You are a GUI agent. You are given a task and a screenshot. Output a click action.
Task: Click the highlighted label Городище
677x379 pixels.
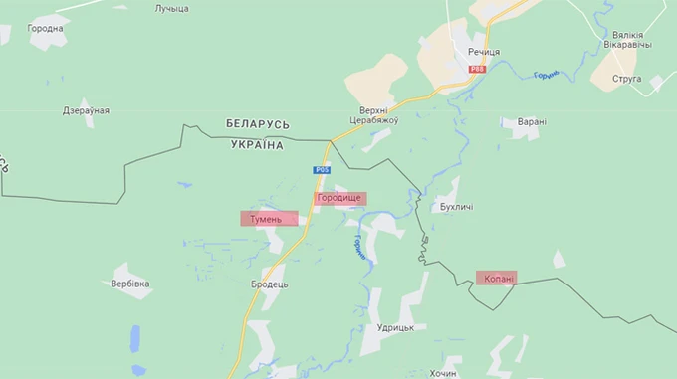click(x=340, y=199)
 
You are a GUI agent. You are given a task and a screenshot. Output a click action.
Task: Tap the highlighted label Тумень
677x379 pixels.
click(x=269, y=218)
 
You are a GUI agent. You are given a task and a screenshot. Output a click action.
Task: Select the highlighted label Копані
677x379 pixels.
click(x=496, y=279)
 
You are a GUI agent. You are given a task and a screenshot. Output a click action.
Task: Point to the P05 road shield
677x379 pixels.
click(x=321, y=171)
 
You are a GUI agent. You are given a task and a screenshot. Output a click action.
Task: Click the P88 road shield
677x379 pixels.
click(x=478, y=69)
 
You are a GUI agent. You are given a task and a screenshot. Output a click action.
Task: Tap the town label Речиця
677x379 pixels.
click(x=483, y=51)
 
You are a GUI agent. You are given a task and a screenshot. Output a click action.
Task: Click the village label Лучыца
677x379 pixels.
click(x=171, y=9)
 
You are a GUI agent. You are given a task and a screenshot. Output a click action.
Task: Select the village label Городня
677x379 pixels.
click(x=46, y=29)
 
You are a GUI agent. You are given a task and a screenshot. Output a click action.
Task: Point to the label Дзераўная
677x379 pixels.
click(x=87, y=110)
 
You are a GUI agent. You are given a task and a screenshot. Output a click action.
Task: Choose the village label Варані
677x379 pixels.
click(x=531, y=122)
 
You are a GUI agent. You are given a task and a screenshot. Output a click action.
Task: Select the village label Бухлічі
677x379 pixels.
click(x=456, y=208)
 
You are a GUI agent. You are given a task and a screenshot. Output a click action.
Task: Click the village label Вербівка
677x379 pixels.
click(x=130, y=284)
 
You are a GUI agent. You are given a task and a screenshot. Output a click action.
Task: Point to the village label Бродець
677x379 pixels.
click(x=269, y=284)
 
